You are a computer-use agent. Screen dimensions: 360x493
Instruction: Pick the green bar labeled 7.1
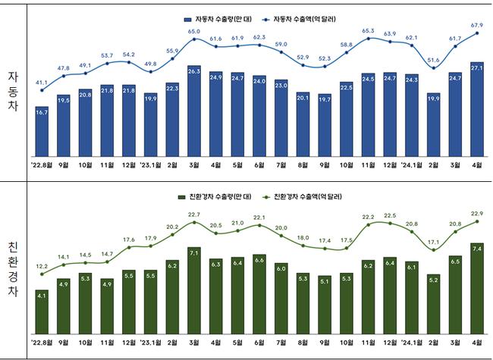tap(194, 290)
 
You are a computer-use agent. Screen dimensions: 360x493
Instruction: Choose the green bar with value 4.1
tap(42, 311)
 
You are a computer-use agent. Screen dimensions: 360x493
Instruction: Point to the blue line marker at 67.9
tap(477, 33)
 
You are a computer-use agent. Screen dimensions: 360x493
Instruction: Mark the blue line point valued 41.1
tap(42, 90)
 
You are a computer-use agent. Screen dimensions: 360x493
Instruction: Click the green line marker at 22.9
tap(477, 221)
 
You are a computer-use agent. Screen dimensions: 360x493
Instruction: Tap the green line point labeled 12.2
tap(42, 274)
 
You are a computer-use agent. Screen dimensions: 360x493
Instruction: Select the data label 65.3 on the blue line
tap(368, 30)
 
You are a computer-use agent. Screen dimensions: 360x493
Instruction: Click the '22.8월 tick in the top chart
tap(42, 164)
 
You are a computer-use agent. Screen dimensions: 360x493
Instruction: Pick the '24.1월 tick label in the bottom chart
tap(411, 343)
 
